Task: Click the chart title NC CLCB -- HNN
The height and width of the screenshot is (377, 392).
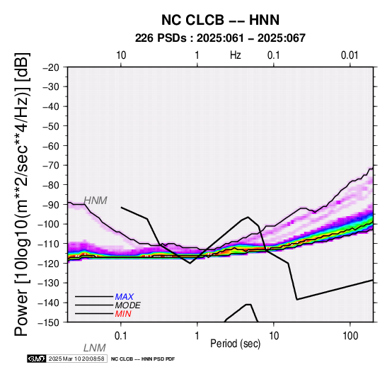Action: [x=220, y=20]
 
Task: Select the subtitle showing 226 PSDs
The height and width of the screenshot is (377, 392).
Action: [x=220, y=38]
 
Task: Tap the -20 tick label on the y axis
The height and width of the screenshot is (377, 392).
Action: [x=51, y=67]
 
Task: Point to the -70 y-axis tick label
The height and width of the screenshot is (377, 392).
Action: [x=51, y=165]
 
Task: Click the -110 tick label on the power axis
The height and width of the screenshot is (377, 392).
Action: [x=49, y=243]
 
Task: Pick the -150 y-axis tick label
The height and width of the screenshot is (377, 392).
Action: [x=49, y=322]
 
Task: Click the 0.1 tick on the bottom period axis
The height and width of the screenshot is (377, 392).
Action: [x=121, y=336]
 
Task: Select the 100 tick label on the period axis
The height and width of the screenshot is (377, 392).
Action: [x=350, y=336]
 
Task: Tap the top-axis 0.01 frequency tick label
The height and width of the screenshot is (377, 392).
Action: [x=350, y=55]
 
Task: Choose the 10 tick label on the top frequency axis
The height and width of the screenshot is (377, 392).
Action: [x=121, y=55]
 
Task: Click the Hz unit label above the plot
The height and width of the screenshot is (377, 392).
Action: [x=236, y=55]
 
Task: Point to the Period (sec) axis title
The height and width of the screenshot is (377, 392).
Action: [x=235, y=344]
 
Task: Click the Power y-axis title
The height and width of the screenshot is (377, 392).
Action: [x=22, y=194]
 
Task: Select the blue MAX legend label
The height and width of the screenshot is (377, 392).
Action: [x=125, y=297]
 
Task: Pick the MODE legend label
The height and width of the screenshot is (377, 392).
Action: [x=128, y=305]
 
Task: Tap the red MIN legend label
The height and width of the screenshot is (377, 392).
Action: [x=123, y=314]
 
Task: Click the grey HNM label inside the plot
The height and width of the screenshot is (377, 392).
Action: [x=96, y=201]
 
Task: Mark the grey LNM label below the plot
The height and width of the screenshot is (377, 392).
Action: [x=95, y=348]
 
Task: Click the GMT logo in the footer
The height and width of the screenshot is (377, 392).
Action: [x=37, y=359]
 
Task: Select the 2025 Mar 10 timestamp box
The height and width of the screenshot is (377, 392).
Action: [x=76, y=359]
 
